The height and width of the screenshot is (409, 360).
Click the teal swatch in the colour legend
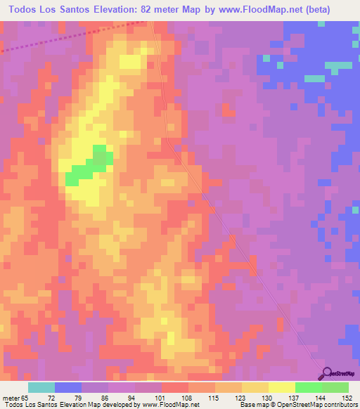[x=41, y=387]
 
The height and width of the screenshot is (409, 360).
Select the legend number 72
[x=67, y=397]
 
